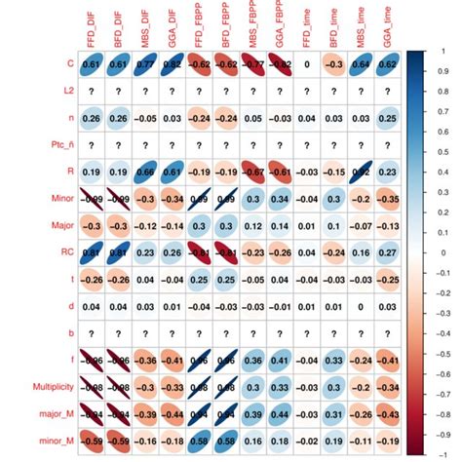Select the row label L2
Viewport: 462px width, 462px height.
tap(65, 91)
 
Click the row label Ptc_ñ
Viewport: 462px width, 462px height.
tap(58, 144)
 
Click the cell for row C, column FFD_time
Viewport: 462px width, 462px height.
tap(308, 64)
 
